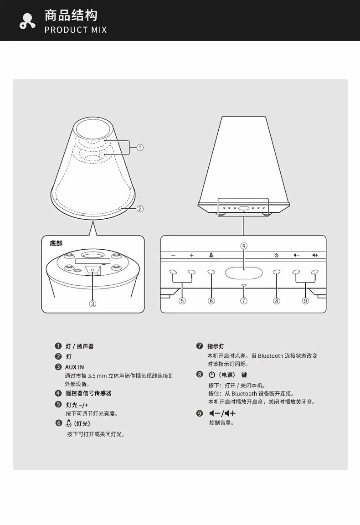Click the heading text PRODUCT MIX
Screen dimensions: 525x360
point(76,30)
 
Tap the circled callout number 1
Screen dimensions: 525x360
point(140,147)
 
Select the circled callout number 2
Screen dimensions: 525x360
point(140,209)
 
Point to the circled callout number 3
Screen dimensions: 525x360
point(93,304)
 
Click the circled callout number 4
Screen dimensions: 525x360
point(244,246)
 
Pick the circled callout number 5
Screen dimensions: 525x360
point(182,301)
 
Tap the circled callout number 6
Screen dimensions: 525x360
point(211,301)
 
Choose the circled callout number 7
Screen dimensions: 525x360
point(244,301)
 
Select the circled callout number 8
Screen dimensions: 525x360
point(277,301)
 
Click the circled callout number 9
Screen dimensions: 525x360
point(305,301)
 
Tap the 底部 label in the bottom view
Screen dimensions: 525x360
point(56,243)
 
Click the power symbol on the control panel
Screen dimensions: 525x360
point(276,255)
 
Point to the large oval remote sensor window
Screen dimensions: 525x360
point(243,273)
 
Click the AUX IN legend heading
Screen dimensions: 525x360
point(75,367)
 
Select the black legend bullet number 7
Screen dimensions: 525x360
point(199,346)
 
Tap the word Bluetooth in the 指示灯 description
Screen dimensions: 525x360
point(270,355)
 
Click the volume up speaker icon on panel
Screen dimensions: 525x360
point(314,255)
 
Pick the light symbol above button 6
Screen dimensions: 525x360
point(211,255)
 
